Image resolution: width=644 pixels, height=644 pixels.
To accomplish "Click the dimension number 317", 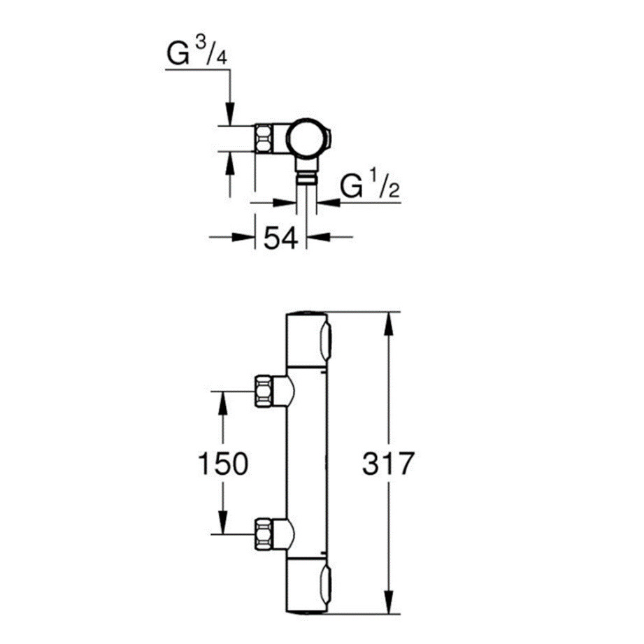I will click(389, 464).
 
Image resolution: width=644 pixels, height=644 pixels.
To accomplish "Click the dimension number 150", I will click(222, 464).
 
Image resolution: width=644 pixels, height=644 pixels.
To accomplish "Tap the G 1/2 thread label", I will click(370, 187).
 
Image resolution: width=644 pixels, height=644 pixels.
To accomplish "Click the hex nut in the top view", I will click(265, 138).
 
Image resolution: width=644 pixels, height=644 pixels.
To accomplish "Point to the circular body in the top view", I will click(307, 138).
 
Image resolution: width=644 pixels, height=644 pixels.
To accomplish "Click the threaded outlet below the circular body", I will click(306, 178).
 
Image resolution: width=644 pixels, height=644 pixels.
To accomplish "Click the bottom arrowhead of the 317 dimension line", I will click(388, 606).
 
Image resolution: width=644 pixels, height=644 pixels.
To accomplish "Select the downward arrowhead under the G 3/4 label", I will click(229, 116).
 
